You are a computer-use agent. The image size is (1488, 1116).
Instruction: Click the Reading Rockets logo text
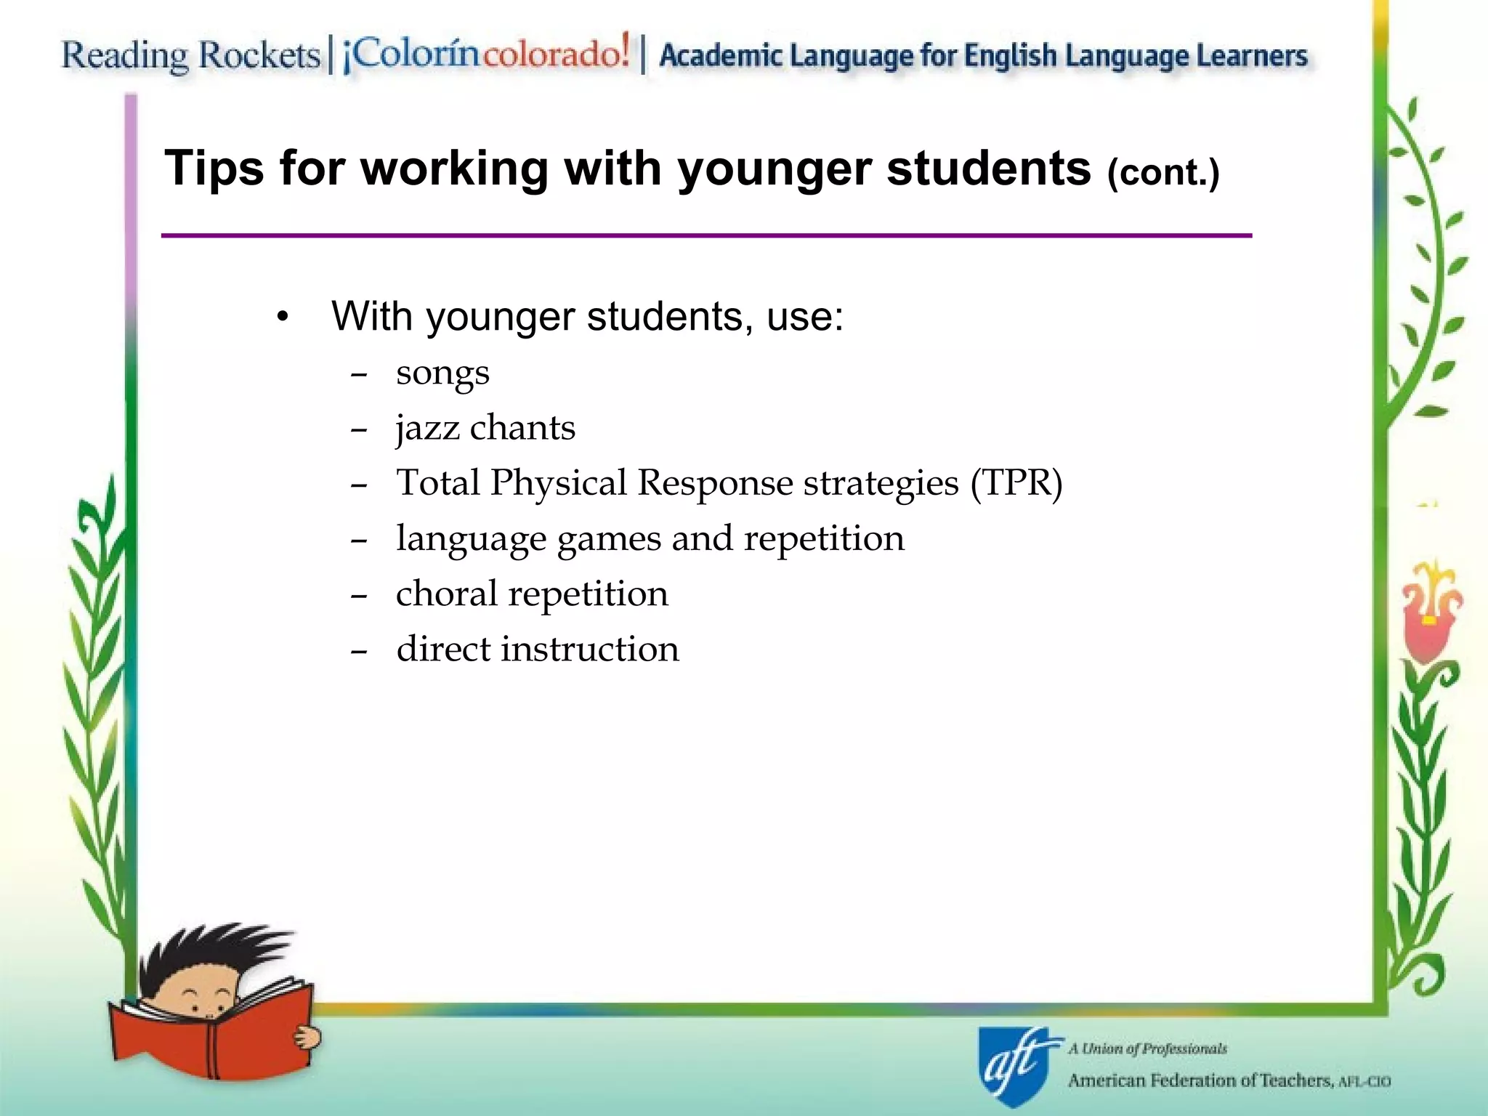click(x=190, y=55)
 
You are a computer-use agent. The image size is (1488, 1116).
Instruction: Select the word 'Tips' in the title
click(x=214, y=169)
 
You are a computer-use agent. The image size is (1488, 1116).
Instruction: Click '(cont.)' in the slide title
click(x=1163, y=173)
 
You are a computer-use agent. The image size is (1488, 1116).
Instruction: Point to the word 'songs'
click(x=442, y=373)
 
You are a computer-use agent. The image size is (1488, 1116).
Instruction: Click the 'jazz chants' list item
click(x=485, y=428)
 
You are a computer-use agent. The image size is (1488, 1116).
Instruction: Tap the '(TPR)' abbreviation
click(x=1016, y=483)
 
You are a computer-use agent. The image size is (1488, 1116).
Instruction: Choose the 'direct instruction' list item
click(x=538, y=649)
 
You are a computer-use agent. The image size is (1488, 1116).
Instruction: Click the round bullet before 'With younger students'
click(x=283, y=318)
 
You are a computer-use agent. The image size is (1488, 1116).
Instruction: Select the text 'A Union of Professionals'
click(x=1147, y=1048)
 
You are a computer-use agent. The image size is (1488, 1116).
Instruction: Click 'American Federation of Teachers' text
click(x=1200, y=1080)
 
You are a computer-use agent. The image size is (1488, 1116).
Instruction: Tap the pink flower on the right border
click(x=1428, y=618)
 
